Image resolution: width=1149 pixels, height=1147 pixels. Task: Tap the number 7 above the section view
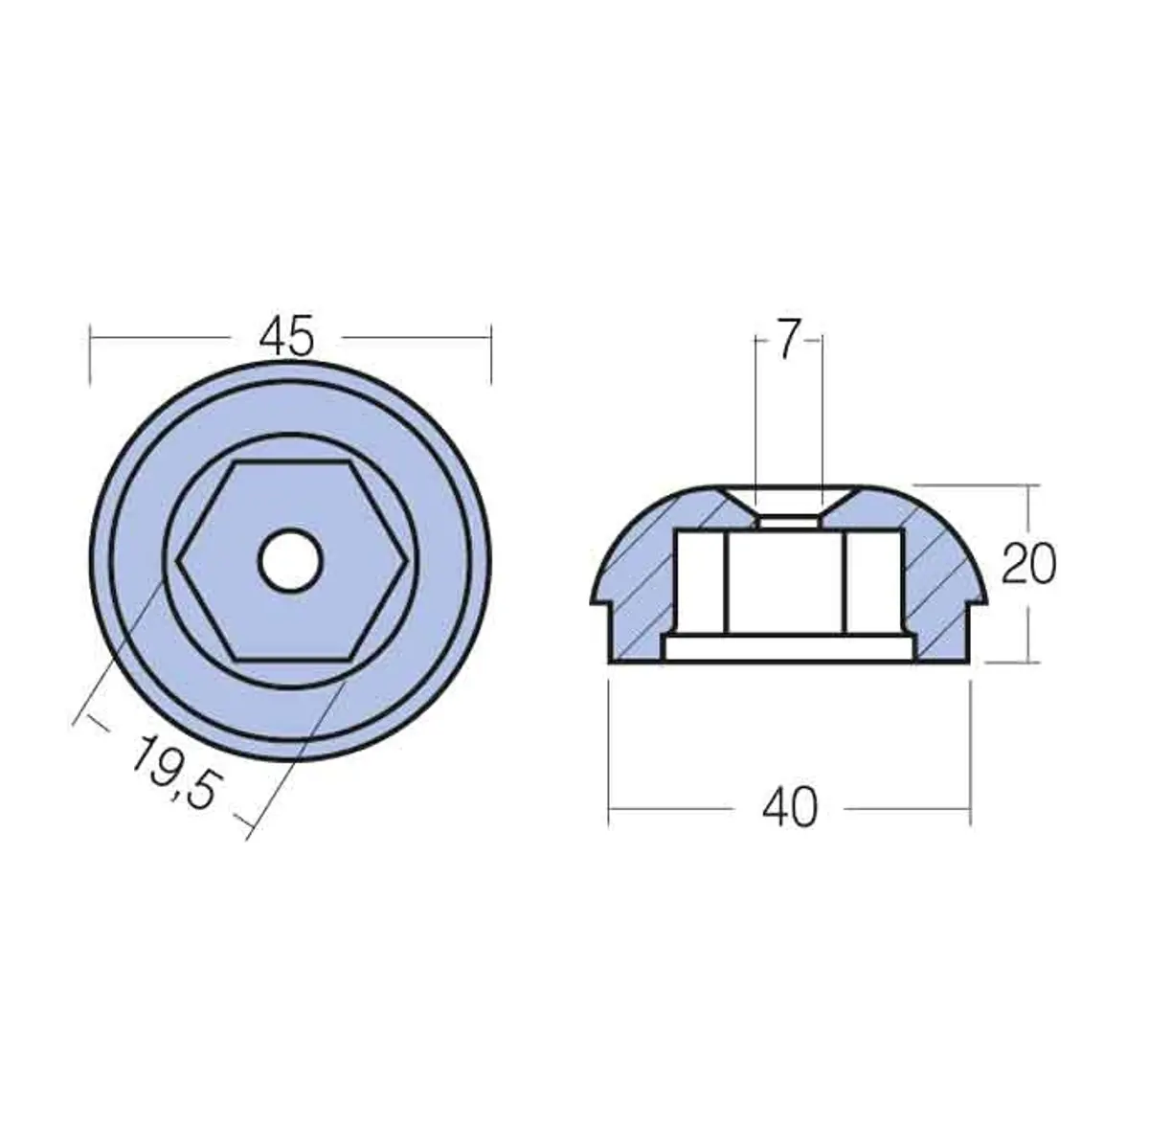point(787,342)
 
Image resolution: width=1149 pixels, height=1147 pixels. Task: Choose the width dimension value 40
point(790,809)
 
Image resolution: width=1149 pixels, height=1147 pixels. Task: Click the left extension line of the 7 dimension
point(755,412)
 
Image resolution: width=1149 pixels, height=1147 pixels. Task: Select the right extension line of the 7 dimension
point(822,412)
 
